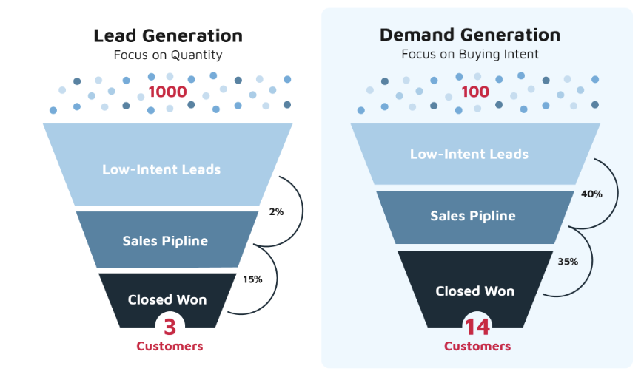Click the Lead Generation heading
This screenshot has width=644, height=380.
point(168,35)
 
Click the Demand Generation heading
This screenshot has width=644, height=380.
point(469,35)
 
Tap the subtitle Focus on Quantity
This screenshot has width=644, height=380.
point(168,55)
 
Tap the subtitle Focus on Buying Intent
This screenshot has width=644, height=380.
point(469,54)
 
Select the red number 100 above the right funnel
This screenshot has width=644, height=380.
point(475,92)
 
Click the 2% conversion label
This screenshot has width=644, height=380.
point(276,211)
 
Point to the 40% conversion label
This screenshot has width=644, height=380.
point(591,194)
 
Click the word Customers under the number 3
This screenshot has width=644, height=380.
point(170,346)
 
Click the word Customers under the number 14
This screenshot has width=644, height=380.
point(477,346)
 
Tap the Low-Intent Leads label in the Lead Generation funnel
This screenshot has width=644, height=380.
point(161,169)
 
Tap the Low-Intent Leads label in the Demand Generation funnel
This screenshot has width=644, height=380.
point(469,154)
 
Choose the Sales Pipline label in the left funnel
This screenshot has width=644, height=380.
point(165,241)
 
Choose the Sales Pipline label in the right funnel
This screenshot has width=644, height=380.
point(473,216)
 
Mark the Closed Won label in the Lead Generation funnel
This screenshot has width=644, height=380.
point(167,299)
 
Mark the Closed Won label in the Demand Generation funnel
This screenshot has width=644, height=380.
point(475,291)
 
